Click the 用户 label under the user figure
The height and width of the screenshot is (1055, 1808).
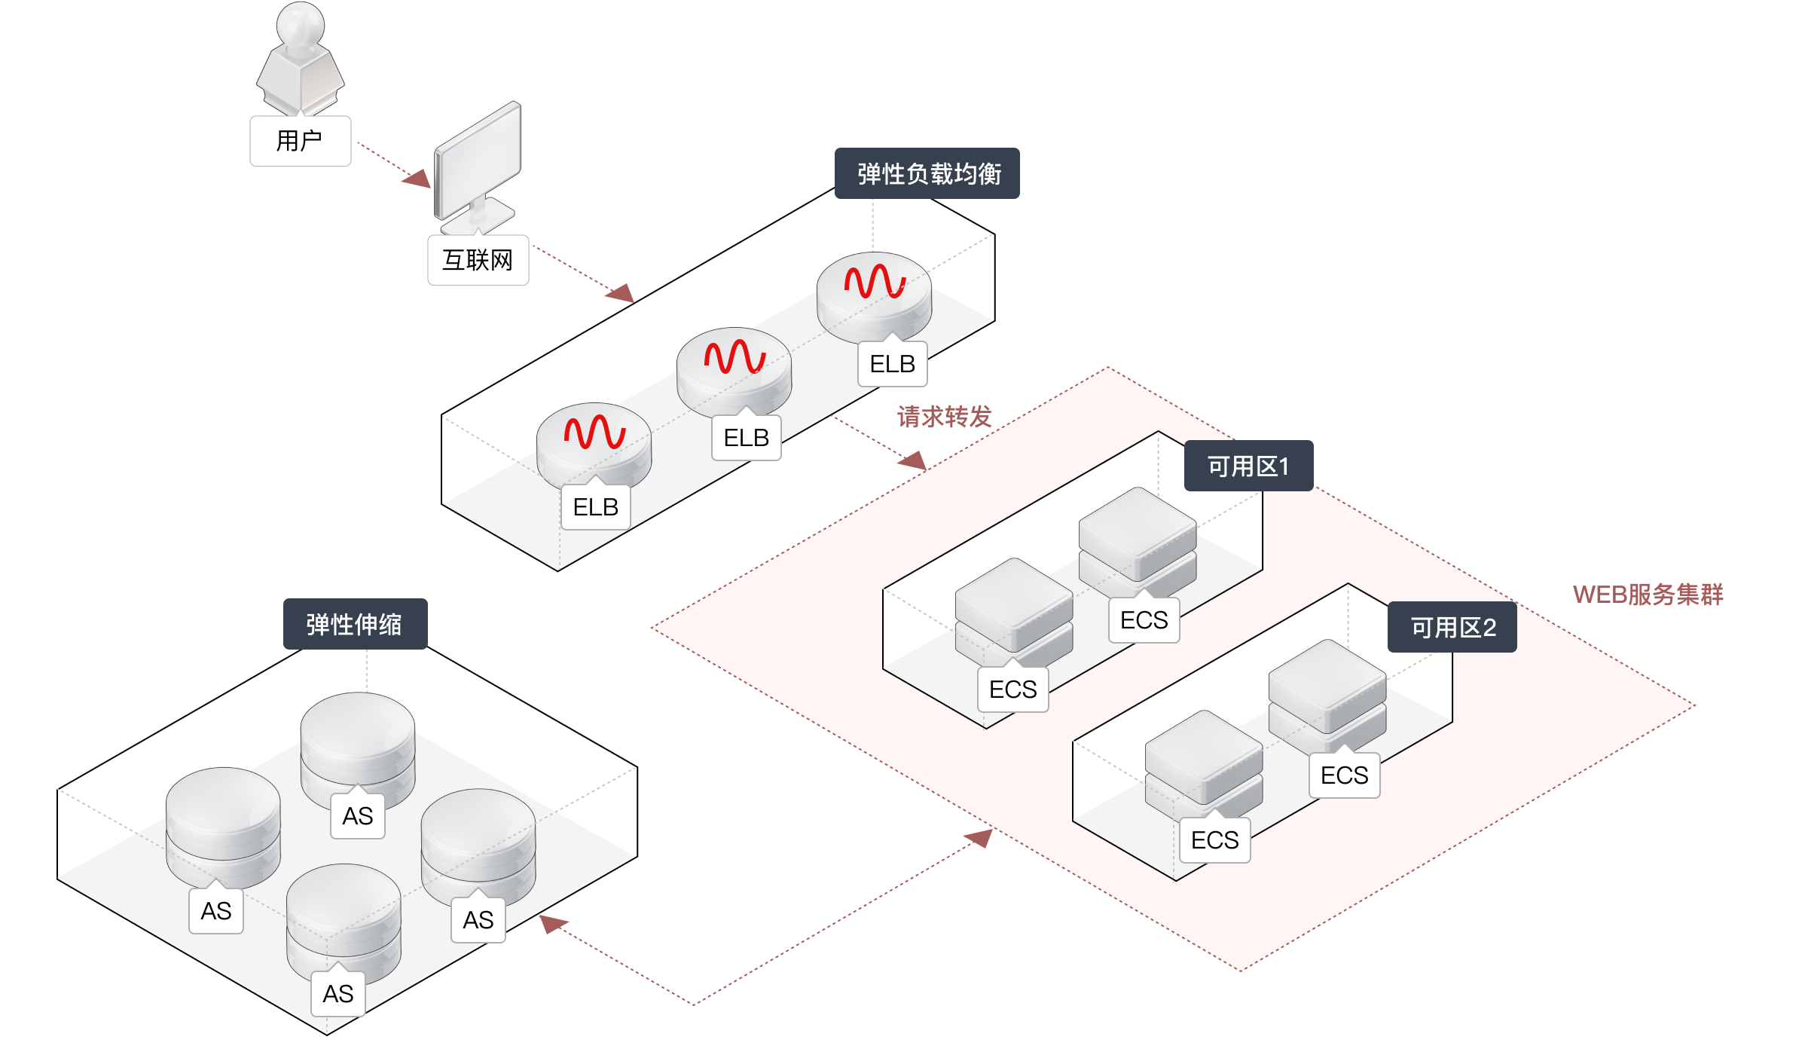(x=300, y=141)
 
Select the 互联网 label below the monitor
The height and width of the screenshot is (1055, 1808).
(x=478, y=260)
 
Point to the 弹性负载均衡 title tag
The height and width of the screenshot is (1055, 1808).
(x=927, y=173)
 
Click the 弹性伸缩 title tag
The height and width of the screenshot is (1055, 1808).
(x=355, y=624)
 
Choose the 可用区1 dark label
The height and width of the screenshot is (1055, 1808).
(x=1248, y=466)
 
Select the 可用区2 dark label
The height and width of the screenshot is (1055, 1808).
(x=1452, y=627)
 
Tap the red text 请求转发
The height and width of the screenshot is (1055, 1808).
(x=944, y=417)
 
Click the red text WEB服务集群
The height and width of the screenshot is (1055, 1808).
(x=1648, y=595)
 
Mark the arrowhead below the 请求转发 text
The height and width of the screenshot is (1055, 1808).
(x=913, y=460)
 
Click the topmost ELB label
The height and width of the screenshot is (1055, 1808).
(x=893, y=364)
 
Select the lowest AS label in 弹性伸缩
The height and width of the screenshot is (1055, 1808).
(x=338, y=994)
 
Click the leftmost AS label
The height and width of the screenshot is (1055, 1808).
(x=216, y=911)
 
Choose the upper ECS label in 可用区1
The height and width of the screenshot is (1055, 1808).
(x=1144, y=620)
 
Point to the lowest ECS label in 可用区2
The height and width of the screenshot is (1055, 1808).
(x=1214, y=839)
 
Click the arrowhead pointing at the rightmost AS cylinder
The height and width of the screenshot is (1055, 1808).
(x=553, y=924)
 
